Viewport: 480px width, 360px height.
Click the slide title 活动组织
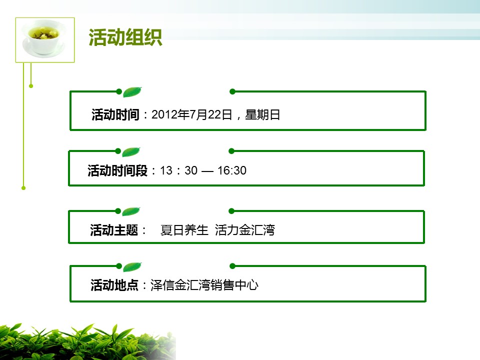(125, 37)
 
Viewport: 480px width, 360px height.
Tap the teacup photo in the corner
(45, 40)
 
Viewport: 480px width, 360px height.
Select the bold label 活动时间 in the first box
(115, 115)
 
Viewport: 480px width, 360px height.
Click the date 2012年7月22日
(192, 115)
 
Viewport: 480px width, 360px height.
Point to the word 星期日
(262, 115)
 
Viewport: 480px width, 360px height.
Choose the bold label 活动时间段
(117, 170)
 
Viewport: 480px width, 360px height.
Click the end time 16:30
(232, 170)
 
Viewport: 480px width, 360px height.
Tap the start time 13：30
(179, 170)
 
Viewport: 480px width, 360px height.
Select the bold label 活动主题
(114, 230)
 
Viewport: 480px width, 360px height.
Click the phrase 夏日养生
(184, 230)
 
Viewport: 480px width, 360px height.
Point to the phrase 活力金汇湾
(245, 230)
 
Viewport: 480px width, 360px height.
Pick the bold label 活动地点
(114, 285)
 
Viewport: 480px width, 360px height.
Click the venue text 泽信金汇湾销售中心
(204, 285)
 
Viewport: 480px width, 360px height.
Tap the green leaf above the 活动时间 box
(132, 92)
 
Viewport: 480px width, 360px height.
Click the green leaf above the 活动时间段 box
(131, 152)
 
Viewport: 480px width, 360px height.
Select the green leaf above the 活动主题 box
(131, 211)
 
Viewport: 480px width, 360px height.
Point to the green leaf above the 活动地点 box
(132, 267)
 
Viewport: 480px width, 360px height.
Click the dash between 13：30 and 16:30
(207, 171)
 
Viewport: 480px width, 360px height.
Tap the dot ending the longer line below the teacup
(23, 188)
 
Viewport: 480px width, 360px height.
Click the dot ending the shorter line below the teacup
(31, 86)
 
